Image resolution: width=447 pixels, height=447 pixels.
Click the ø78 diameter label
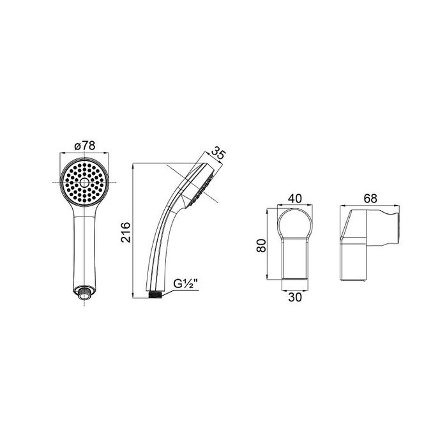(x=85, y=146)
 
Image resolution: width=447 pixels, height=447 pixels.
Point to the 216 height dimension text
(x=126, y=234)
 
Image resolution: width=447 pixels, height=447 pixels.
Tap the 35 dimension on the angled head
(x=218, y=154)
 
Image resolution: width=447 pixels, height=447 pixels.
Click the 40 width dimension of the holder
(x=294, y=199)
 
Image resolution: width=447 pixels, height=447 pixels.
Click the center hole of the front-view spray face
(x=85, y=183)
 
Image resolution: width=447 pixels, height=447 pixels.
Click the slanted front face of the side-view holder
(x=345, y=223)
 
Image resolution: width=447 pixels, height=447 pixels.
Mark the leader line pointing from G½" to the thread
(x=167, y=291)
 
